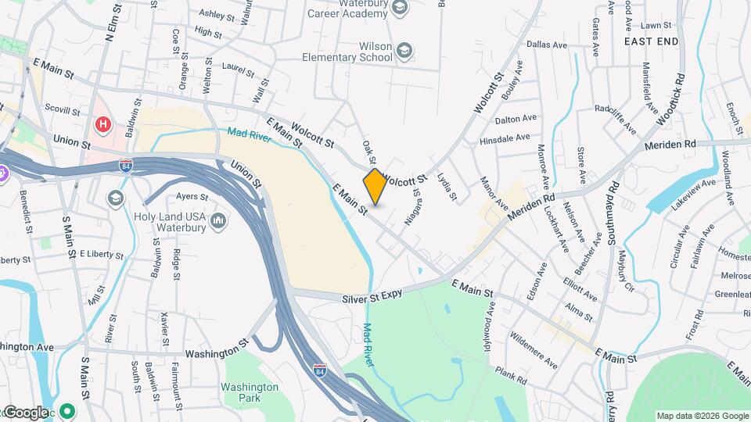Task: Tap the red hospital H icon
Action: coord(102,124)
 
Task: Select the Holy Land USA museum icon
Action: coord(219,222)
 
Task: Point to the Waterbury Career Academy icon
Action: coord(400,9)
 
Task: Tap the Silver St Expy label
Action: coord(372,298)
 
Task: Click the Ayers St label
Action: coord(192,197)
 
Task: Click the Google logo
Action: coord(25,412)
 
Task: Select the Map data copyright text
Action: coord(702,416)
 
